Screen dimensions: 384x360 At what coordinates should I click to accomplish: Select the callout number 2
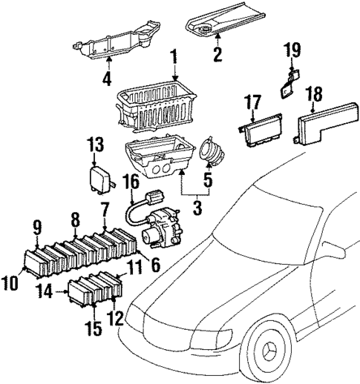pyautogui.click(x=217, y=53)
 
